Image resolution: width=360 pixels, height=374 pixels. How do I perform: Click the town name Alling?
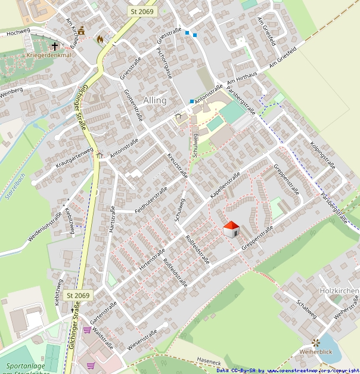pos(155,100)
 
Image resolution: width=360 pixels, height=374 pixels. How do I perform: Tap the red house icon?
pos(231,229)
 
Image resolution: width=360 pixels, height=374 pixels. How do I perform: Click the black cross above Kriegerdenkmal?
pos(55,45)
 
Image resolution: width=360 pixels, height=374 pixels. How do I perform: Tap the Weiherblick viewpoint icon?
pos(316,342)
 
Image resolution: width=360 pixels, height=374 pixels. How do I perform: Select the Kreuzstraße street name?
pos(178,166)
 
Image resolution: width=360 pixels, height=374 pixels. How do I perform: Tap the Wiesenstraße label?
pos(141,339)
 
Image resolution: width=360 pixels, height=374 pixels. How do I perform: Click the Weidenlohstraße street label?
pos(45,227)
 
